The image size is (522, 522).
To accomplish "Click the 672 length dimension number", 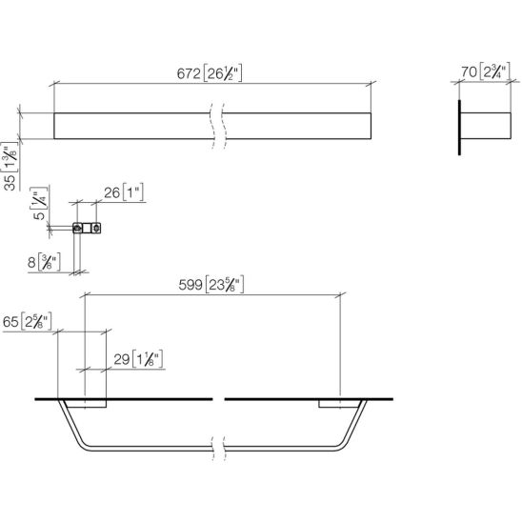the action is [x=189, y=73].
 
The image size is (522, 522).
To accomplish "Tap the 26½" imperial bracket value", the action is [x=222, y=73].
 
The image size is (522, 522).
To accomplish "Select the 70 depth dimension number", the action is [x=469, y=71].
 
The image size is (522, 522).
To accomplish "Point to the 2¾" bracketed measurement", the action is [x=494, y=71].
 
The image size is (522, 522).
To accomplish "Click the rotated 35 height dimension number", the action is [x=10, y=183].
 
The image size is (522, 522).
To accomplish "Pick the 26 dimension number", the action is [x=111, y=192].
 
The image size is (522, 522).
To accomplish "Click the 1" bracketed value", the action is [x=133, y=192].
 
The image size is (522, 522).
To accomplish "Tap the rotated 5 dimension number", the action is [x=39, y=215].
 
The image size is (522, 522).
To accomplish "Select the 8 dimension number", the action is [x=31, y=262].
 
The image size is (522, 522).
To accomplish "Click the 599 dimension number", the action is [x=191, y=285].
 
